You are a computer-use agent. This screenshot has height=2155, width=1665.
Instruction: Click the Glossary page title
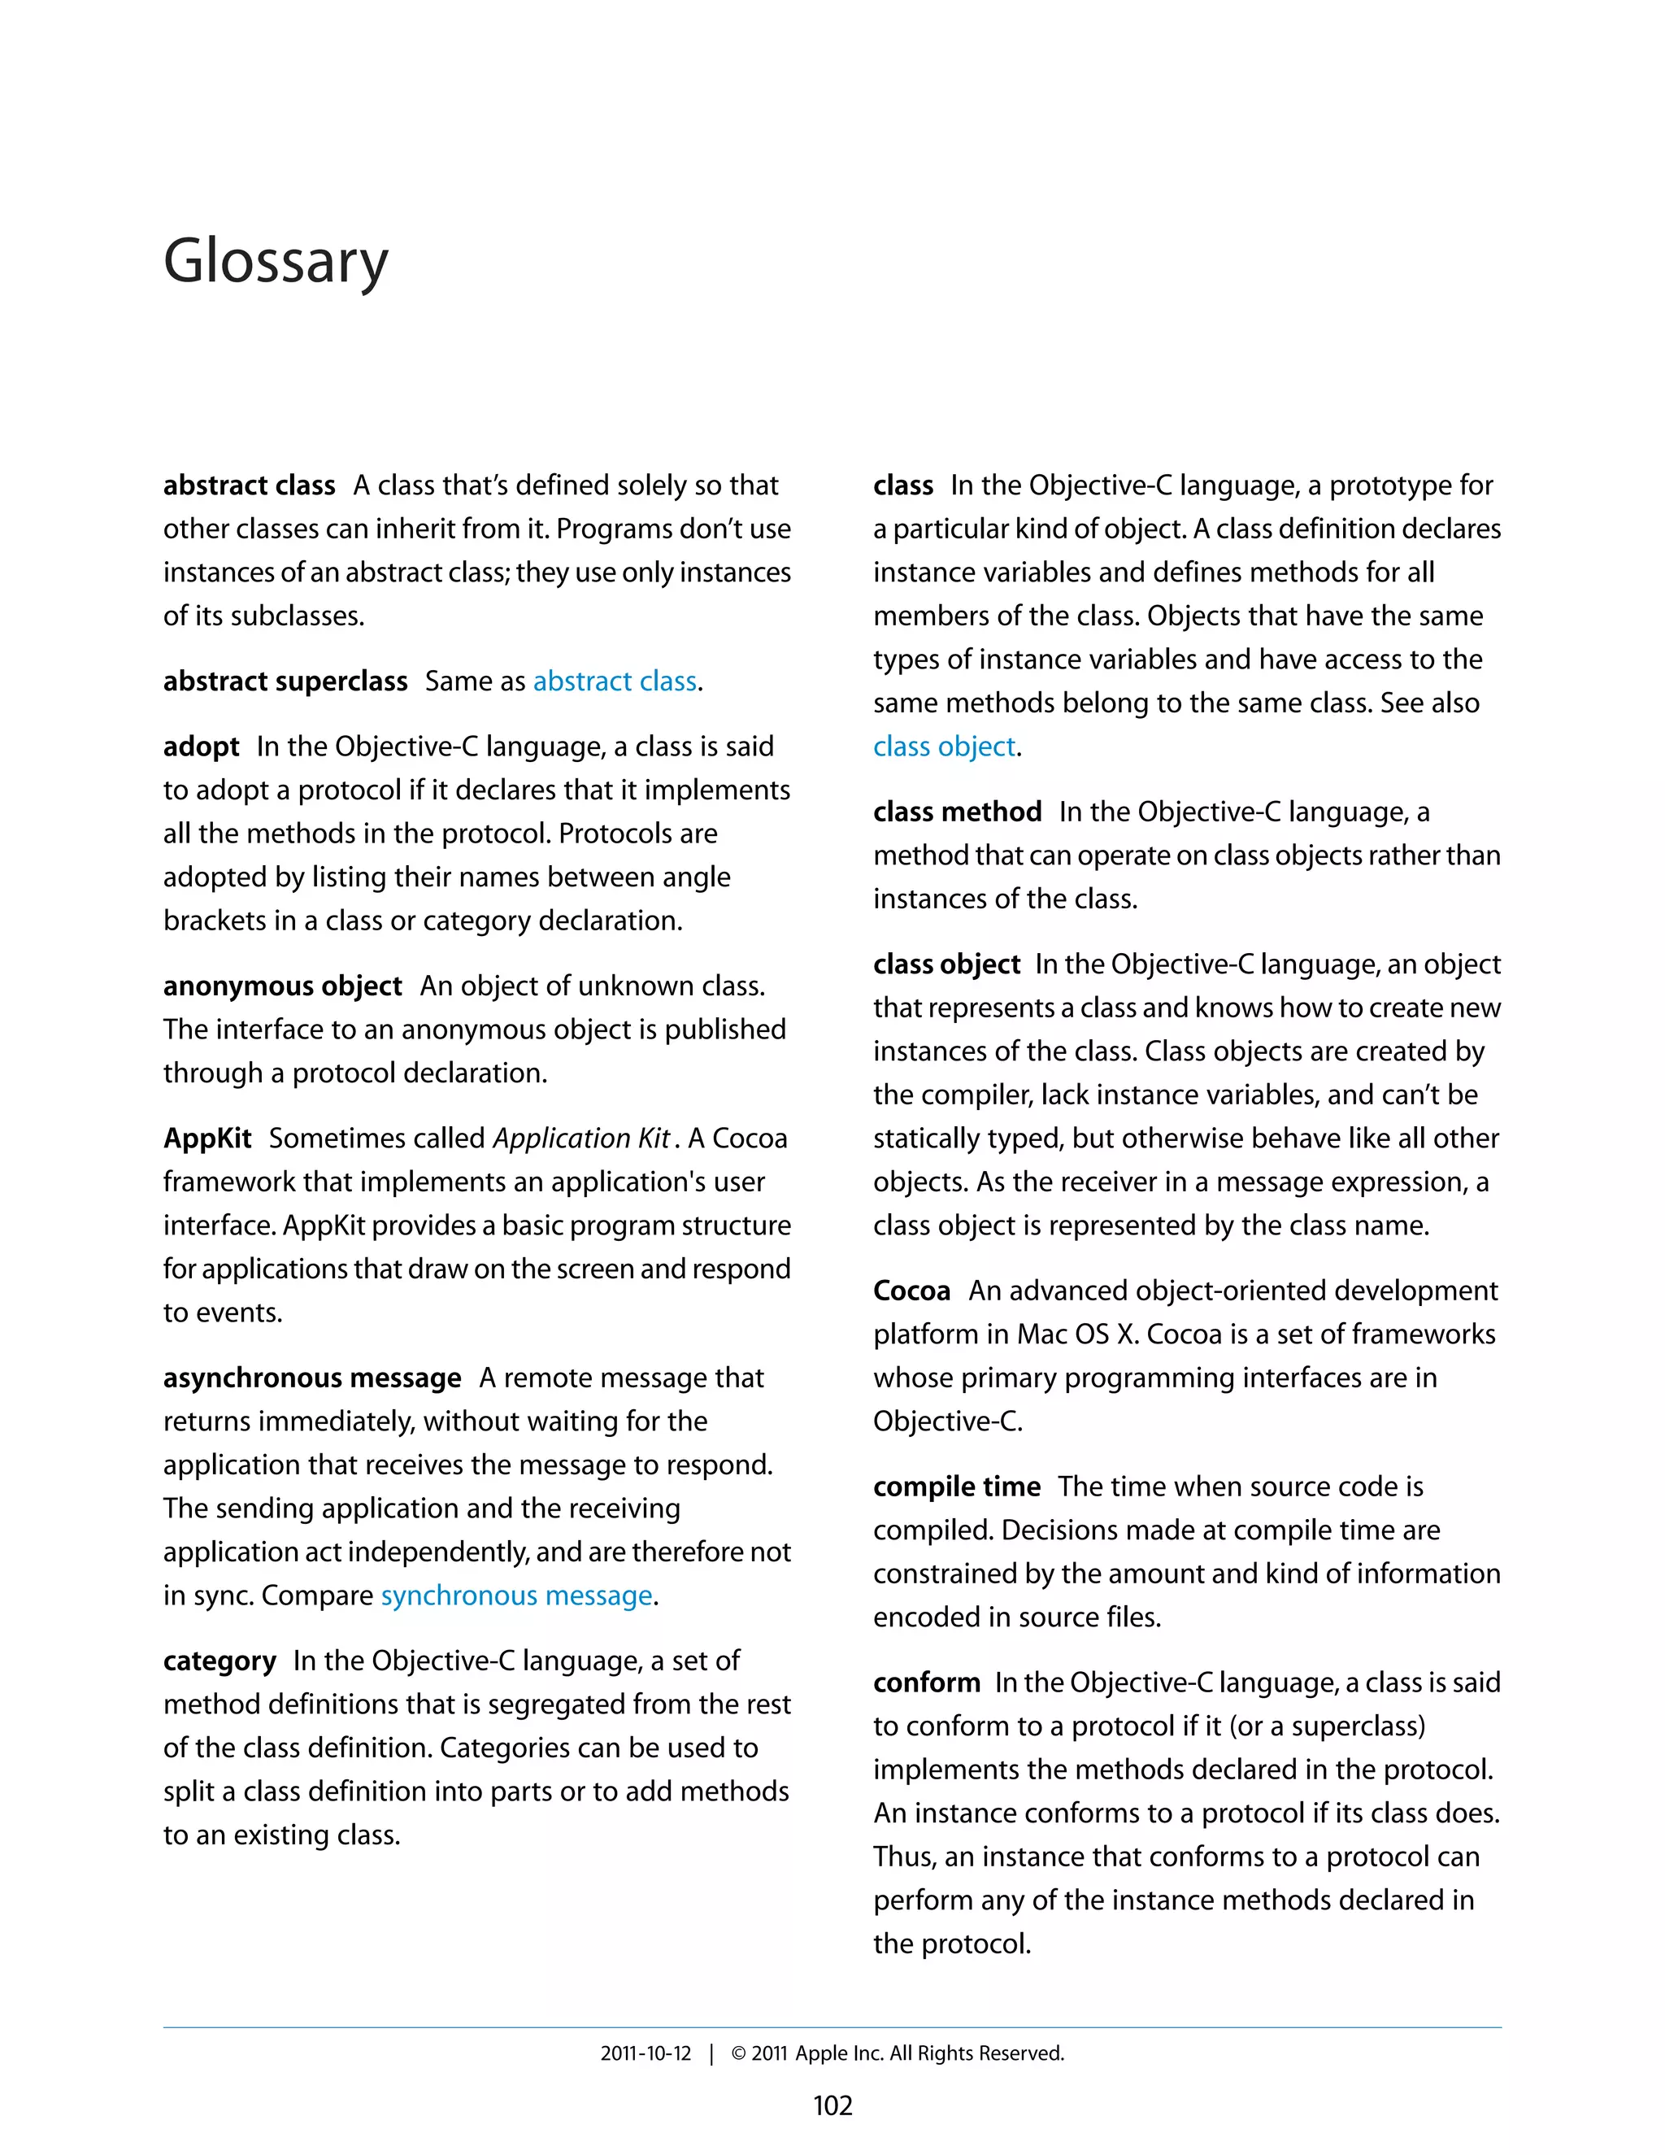pos(276,262)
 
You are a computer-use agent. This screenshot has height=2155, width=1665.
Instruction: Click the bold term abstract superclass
pos(285,681)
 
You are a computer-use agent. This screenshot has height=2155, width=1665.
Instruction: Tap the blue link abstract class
pos(615,681)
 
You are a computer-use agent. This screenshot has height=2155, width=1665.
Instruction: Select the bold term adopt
pos(202,747)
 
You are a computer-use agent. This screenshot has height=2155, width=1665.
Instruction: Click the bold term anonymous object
pos(282,986)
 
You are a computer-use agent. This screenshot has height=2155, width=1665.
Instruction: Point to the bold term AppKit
pos(207,1138)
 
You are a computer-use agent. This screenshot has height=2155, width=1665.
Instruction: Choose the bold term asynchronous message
pos(311,1378)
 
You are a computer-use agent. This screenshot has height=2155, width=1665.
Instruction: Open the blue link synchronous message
pos(517,1596)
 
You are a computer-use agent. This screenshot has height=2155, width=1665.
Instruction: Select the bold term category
pos(219,1661)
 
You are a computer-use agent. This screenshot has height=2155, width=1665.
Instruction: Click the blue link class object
pos(944,747)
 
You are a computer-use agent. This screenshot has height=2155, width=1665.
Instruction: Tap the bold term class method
pos(957,812)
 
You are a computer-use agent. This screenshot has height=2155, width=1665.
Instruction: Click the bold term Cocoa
pos(911,1291)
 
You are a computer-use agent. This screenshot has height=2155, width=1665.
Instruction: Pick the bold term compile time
pos(956,1487)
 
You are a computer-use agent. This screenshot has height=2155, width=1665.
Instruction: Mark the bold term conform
pos(926,1683)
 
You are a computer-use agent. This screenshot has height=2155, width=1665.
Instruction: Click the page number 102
pos(832,2105)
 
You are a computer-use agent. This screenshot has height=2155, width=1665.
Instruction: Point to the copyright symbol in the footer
pos(738,2053)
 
